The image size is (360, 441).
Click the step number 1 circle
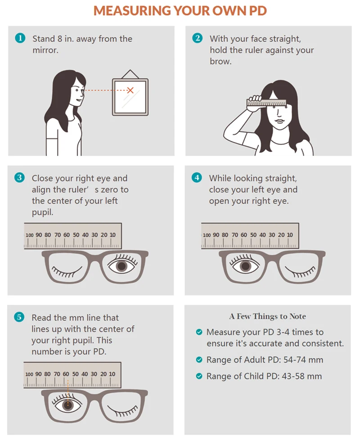tap(20, 39)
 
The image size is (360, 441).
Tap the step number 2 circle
tap(198, 38)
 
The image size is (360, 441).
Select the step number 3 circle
tap(20, 178)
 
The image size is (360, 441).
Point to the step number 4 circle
tap(198, 178)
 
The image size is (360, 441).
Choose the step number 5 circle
tap(20, 317)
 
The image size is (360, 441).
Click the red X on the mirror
tap(130, 90)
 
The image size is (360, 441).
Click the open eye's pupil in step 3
tap(121, 266)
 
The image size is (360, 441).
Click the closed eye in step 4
tap(298, 271)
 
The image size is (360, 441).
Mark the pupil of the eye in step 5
tap(68, 405)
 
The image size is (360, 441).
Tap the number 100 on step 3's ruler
tap(30, 235)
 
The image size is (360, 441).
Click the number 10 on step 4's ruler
tap(290, 235)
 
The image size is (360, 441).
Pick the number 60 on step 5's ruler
tap(66, 374)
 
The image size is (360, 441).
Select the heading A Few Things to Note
tap(267, 316)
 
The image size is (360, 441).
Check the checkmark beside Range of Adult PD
tap(199, 360)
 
